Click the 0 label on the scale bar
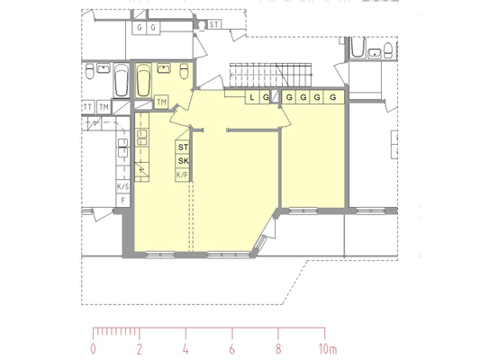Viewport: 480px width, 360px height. click(93, 349)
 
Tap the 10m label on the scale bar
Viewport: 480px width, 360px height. click(328, 349)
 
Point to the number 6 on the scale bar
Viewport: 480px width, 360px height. click(231, 349)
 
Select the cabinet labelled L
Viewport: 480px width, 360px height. click(252, 97)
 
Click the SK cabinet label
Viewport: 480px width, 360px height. click(183, 160)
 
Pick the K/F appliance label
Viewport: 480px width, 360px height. click(182, 175)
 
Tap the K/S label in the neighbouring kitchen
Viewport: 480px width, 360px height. click(122, 186)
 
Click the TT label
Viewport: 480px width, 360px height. click(87, 107)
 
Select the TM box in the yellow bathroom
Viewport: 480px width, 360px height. click(161, 102)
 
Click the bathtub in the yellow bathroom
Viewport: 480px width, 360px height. click(143, 80)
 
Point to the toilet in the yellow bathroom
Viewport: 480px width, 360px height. click(184, 71)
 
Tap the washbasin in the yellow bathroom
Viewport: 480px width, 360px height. click(164, 67)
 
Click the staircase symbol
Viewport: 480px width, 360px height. click(270, 76)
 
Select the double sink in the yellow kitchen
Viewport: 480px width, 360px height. click(142, 138)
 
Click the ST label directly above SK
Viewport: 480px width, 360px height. click(183, 147)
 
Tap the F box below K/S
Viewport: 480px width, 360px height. click(123, 201)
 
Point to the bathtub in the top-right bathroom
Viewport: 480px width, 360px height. click(358, 47)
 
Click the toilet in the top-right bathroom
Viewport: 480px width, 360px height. click(388, 50)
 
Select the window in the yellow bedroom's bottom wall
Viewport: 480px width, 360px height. click(303, 211)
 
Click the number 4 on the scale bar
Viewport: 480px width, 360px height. click(186, 349)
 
